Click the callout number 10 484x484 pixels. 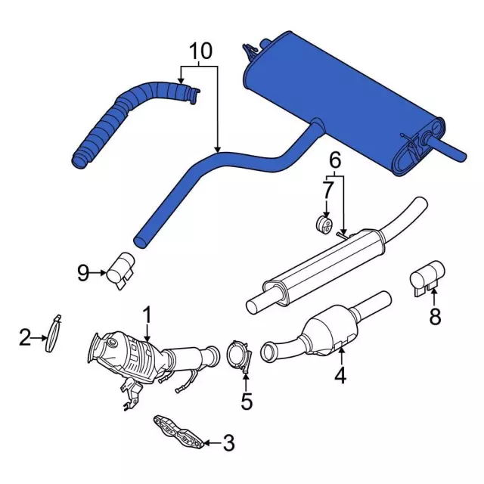coord(200,51)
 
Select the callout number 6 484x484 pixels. coord(335,160)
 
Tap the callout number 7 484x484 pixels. coord(327,190)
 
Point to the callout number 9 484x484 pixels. coord(83,272)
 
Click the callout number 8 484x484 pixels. coord(435,316)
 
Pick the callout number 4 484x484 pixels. coord(340,375)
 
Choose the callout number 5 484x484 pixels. coord(247,402)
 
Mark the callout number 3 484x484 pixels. coord(228,443)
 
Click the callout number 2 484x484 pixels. coord(25,337)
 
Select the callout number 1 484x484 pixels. coord(147,315)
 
